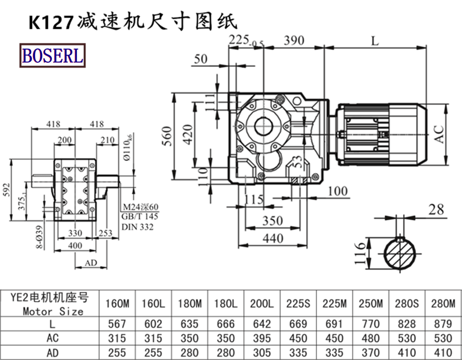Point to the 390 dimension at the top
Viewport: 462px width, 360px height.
coord(294,40)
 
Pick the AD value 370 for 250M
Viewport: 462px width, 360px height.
coord(370,351)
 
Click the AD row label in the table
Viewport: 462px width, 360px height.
coord(53,351)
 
